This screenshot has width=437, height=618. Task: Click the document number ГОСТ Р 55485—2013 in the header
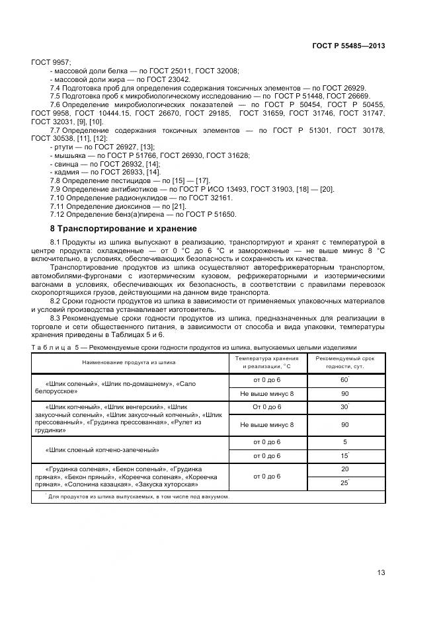coord(348,46)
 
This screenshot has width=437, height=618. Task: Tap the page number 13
coord(381,572)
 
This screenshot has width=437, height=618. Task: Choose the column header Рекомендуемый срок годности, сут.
coord(344,362)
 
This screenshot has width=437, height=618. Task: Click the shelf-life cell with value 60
coord(344,380)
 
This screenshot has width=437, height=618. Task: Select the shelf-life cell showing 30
coord(344,406)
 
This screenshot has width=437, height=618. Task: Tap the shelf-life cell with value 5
coord(344,442)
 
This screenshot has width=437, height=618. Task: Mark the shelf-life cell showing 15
coord(344,456)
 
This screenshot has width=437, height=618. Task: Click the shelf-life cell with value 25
coord(344,483)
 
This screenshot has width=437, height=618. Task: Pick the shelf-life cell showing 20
coord(344,469)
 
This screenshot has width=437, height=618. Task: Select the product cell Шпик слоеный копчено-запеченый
coord(102,449)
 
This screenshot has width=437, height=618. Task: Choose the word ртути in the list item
coord(63,147)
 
